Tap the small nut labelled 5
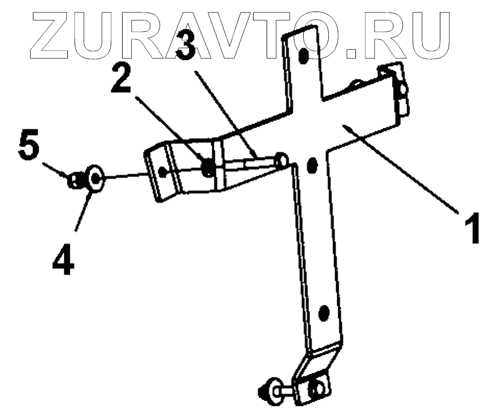[75, 181]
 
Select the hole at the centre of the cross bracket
[313, 165]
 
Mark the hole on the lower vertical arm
[324, 313]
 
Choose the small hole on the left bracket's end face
[163, 171]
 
